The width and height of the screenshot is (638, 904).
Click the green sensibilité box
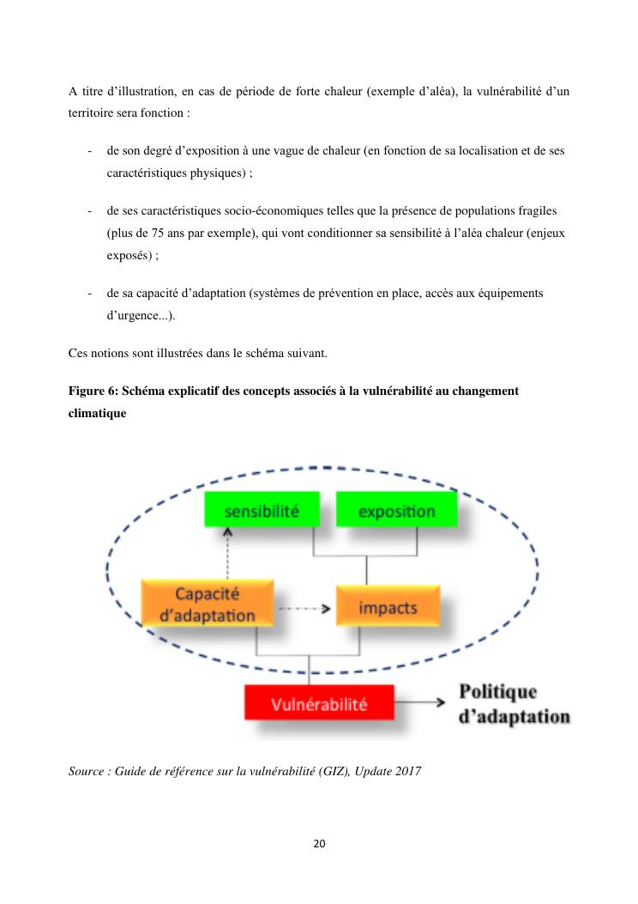tap(262, 510)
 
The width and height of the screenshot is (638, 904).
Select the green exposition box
tap(396, 511)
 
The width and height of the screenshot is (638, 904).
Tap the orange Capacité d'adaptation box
tap(207, 604)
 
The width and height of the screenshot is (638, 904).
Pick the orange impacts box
tap(388, 607)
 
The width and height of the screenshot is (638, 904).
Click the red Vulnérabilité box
tap(319, 704)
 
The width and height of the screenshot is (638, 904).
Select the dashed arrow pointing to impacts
tap(304, 609)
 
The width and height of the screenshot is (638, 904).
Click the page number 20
tap(319, 843)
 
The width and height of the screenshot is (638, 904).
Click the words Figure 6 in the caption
tap(93, 391)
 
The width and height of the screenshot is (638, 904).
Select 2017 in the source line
tap(408, 771)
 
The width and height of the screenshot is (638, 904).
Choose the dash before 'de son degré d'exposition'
tap(90, 151)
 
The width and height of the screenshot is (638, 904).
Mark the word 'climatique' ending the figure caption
tap(97, 413)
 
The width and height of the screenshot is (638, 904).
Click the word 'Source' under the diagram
tap(86, 771)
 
